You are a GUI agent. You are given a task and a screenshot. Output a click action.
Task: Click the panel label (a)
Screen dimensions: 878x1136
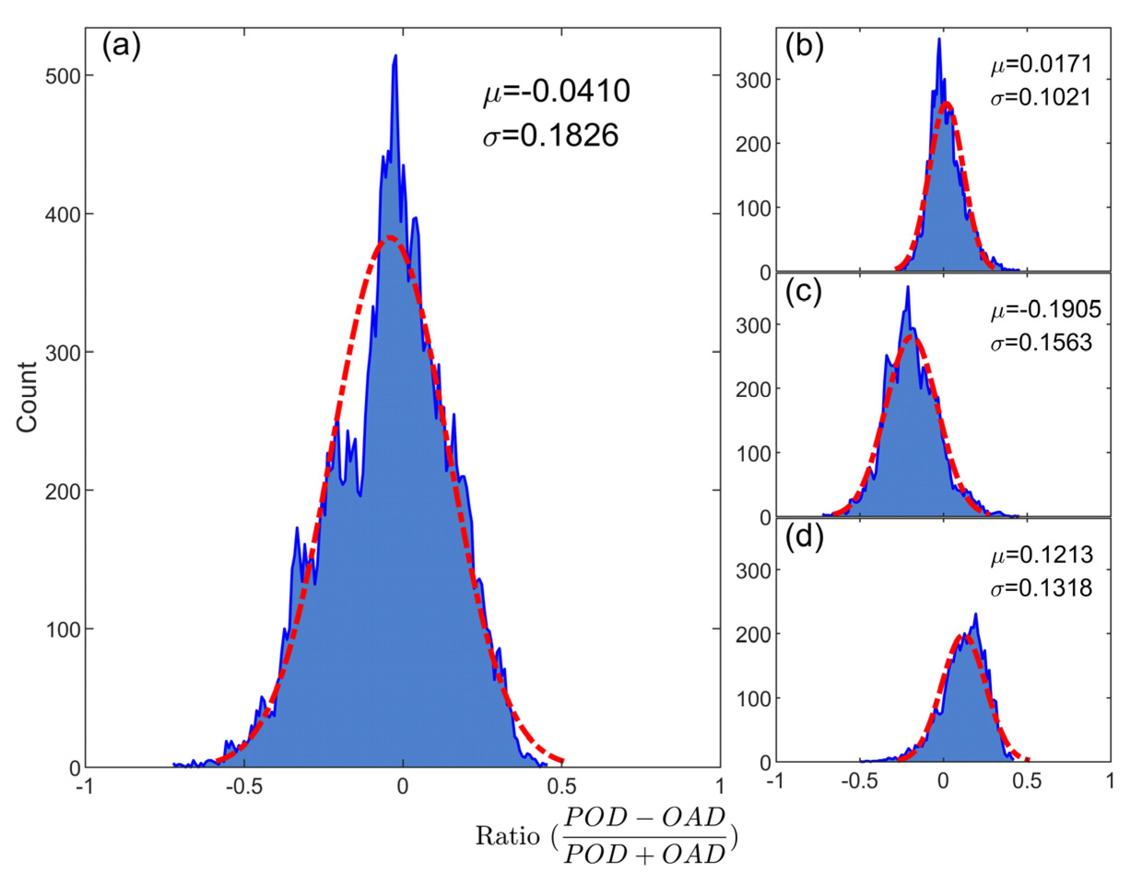coord(121,47)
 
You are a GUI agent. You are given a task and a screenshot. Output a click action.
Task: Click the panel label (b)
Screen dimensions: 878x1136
coord(804,47)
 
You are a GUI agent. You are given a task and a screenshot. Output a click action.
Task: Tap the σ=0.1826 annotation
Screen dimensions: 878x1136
coord(550,136)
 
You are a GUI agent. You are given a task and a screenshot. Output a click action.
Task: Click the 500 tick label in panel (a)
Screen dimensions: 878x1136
coord(62,76)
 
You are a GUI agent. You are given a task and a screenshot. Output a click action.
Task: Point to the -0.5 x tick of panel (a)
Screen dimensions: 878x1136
coord(243,786)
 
